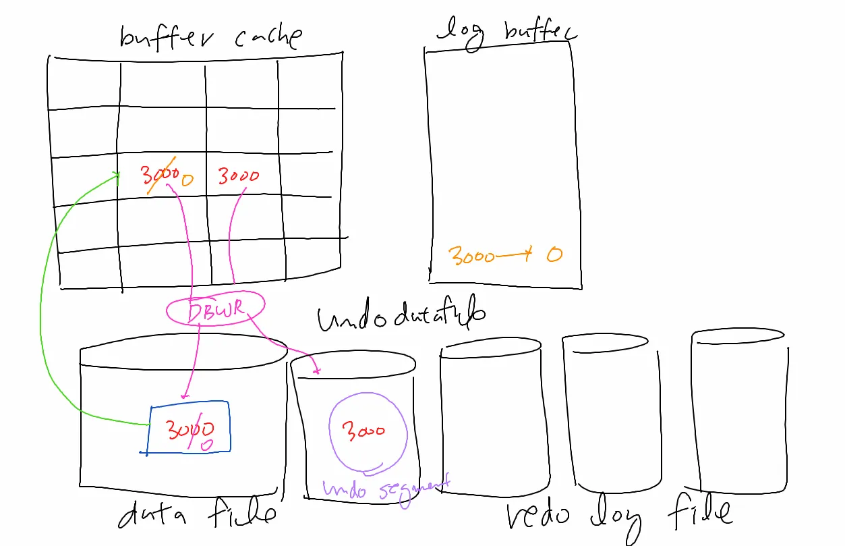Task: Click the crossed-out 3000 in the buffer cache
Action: [x=159, y=176]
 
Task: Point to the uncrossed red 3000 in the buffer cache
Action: [x=238, y=176]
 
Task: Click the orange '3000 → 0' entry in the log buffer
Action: [x=505, y=256]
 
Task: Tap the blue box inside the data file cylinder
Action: [x=188, y=427]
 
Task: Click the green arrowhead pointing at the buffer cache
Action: [x=117, y=177]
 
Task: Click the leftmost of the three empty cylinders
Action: [x=490, y=415]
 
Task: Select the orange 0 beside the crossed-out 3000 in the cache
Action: [x=187, y=180]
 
